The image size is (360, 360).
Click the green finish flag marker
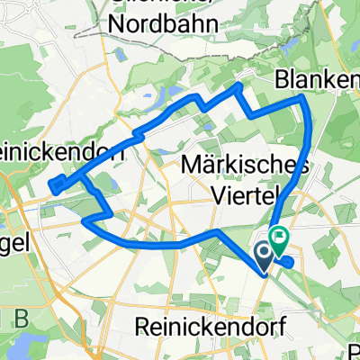click(279, 240)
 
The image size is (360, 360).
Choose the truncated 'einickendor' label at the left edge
click(63, 152)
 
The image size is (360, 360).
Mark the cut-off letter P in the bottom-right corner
click(354, 349)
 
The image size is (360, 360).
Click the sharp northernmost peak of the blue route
click(238, 85)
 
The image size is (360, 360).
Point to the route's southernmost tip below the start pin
click(265, 276)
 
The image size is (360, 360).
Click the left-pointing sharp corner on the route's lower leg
click(84, 219)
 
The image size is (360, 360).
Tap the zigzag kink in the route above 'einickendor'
click(137, 134)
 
